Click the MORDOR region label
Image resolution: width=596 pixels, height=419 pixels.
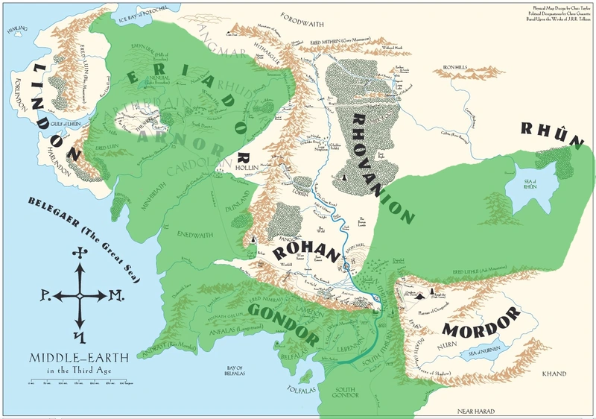(x=478, y=322)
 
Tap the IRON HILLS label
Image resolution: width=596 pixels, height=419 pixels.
(x=458, y=67)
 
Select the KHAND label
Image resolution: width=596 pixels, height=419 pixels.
(x=554, y=373)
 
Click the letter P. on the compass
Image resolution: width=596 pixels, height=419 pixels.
(x=39, y=295)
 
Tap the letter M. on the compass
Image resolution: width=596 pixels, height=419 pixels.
(x=115, y=295)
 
